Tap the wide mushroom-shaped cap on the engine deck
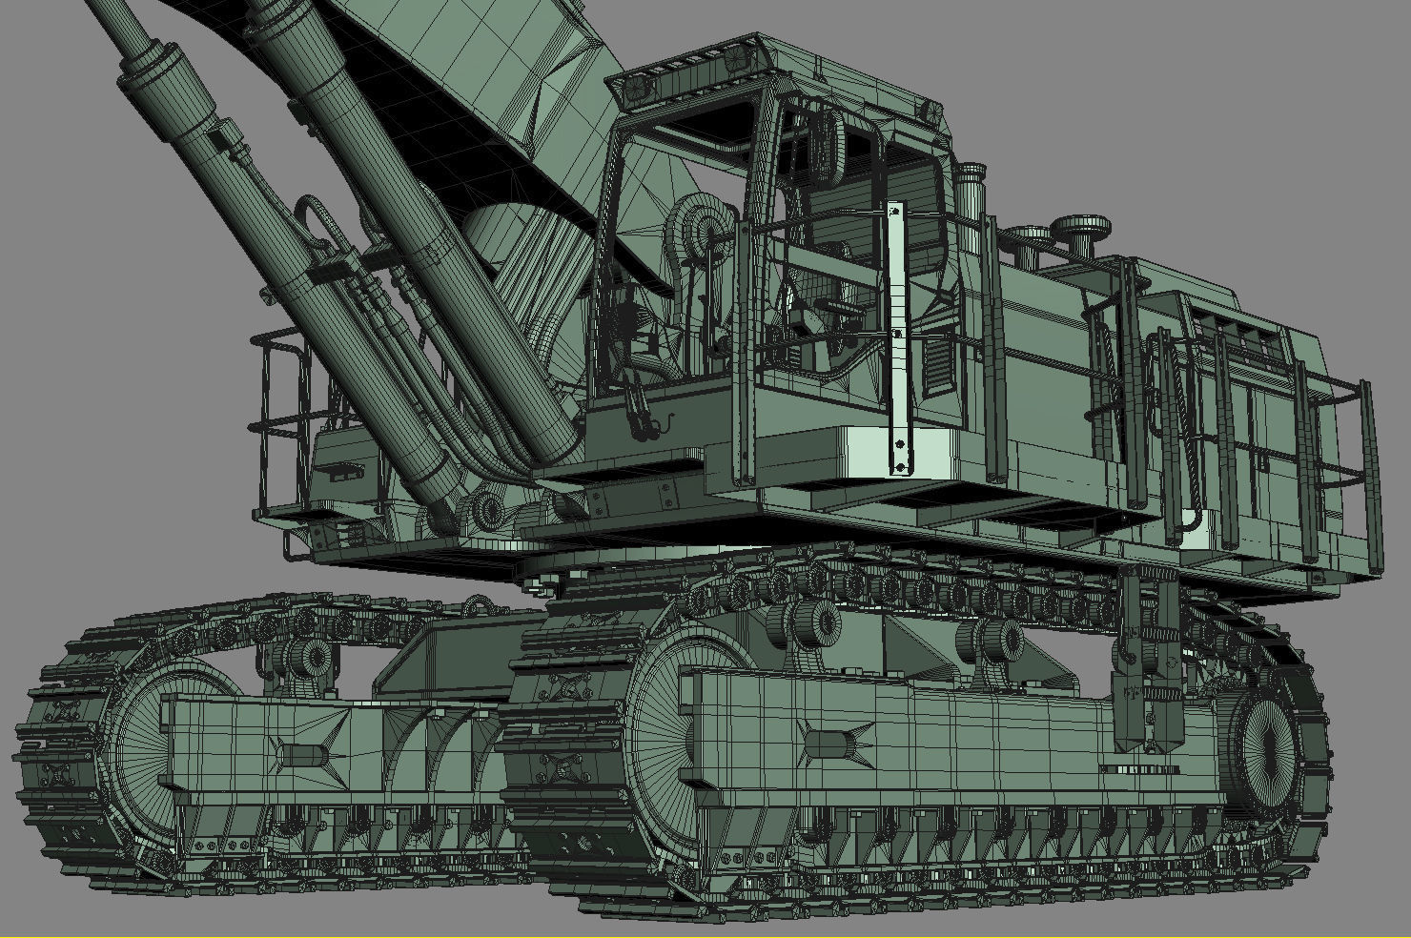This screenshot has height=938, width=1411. pyautogui.click(x=1080, y=227)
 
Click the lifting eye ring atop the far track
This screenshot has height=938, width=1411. pyautogui.click(x=480, y=605)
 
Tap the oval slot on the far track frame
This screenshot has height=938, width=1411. pyautogui.click(x=301, y=755)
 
